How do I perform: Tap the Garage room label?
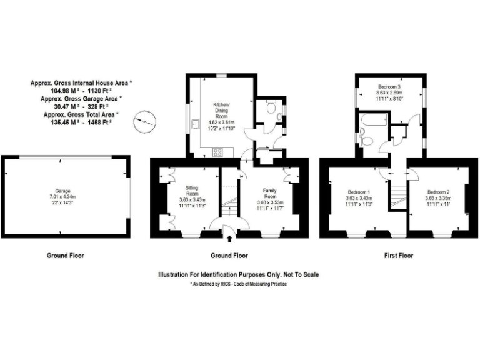(x=62, y=191)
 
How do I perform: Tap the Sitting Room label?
(x=192, y=190)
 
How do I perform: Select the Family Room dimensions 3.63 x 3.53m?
(x=271, y=202)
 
